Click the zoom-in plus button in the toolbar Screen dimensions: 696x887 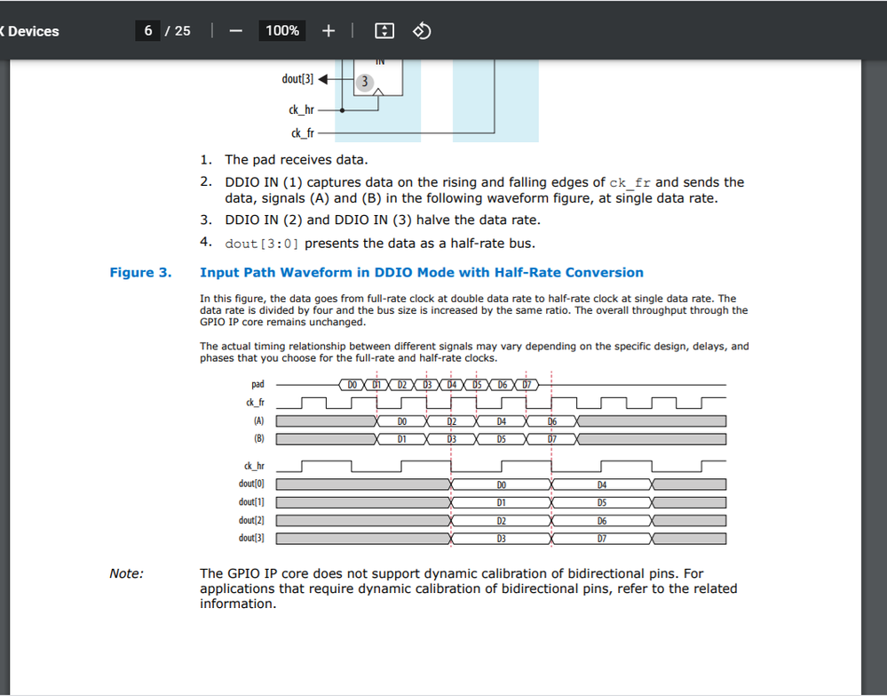(x=329, y=30)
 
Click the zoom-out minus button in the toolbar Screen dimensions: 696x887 (x=235, y=30)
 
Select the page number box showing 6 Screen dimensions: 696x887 (x=147, y=30)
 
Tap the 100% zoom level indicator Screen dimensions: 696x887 (x=282, y=30)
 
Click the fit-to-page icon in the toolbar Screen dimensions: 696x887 (x=384, y=30)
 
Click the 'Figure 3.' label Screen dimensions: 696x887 (x=140, y=273)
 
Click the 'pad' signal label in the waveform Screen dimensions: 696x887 (x=257, y=384)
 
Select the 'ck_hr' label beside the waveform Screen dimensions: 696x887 (x=254, y=466)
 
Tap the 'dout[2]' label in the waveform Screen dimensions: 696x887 (x=251, y=520)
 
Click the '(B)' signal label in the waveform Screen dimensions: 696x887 (x=258, y=438)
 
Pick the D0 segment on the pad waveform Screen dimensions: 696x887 (x=352, y=385)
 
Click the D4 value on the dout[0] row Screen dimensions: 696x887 (x=602, y=484)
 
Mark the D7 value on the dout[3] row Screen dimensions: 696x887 (x=602, y=539)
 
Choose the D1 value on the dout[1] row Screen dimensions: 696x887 (x=502, y=502)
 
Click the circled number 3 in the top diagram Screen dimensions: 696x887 (x=364, y=83)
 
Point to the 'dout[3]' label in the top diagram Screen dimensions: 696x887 (x=297, y=79)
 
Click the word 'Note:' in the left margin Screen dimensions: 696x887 (x=126, y=573)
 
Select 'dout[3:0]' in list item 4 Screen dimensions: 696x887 (x=262, y=244)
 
